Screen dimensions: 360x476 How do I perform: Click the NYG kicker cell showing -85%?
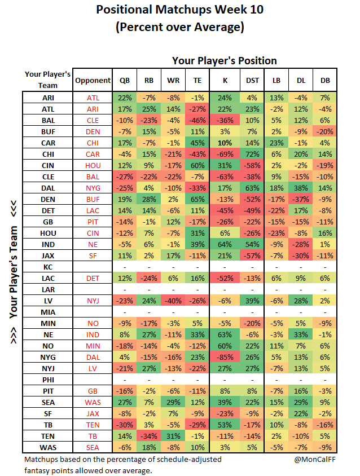coord(225,358)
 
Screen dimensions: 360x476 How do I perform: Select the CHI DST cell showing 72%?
coord(252,154)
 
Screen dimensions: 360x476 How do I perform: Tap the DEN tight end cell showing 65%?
coord(197,200)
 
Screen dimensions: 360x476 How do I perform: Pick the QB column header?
coord(125,81)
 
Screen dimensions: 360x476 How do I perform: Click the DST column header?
coord(252,81)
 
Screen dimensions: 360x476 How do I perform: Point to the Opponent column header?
coord(93,81)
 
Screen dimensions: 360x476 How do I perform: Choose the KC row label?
coord(48,267)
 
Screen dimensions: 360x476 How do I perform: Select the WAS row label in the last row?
coord(48,447)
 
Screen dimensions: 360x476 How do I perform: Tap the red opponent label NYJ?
coord(93,301)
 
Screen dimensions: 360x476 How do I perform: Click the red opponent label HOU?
coord(93,165)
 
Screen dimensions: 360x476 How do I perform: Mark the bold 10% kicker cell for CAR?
coord(225,143)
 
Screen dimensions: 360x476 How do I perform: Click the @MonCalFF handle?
coord(315,459)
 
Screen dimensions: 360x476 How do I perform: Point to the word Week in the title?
coord(230,10)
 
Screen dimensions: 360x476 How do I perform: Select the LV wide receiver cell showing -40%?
coord(173,301)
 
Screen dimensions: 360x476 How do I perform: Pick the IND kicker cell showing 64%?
coord(225,244)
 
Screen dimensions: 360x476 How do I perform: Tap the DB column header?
coord(325,81)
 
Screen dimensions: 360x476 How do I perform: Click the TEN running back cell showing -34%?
coord(149,436)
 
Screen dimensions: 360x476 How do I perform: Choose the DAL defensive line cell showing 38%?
coord(301,188)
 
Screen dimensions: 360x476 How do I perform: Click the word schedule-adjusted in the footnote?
coord(189,460)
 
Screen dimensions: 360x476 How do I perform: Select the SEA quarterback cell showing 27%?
coord(125,402)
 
